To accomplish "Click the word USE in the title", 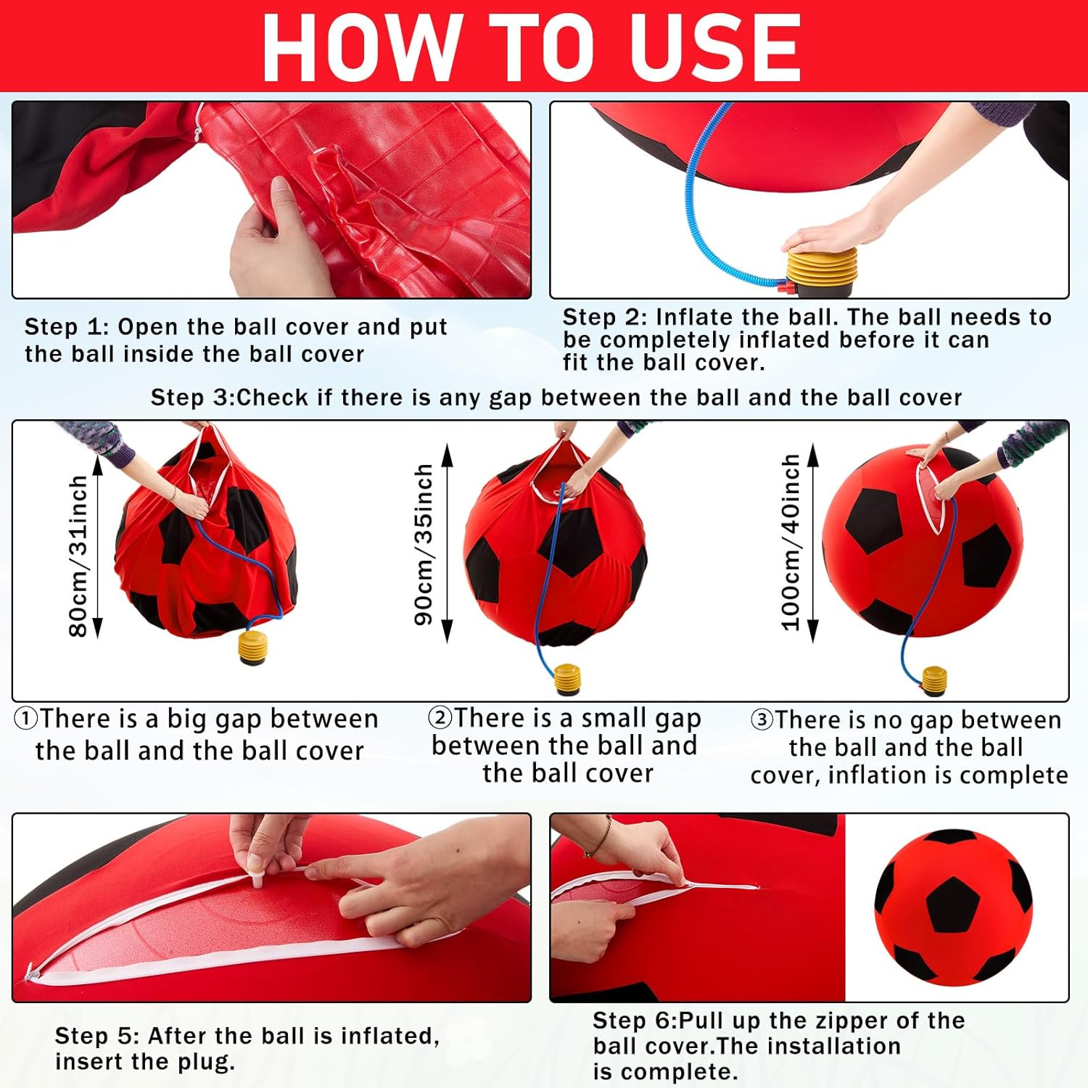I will coord(714,47).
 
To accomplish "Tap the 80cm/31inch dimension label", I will coord(78,556).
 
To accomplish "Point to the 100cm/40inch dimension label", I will coord(791,542).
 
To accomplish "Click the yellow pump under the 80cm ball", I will coord(253,647).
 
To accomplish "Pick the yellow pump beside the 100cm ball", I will coord(934,682).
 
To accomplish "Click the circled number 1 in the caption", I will coord(25,719).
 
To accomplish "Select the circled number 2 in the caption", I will coord(440,717).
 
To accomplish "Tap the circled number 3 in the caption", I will coord(762,720).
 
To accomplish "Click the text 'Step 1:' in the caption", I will coord(66,327).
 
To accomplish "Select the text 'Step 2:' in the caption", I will coord(604,317).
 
